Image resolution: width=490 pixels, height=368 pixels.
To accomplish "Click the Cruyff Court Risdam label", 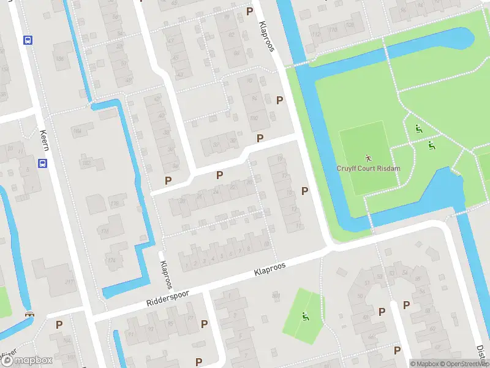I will [368, 169].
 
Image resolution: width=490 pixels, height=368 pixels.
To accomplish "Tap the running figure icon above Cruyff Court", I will [368, 158].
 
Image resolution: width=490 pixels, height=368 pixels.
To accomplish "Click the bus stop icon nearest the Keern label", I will [43, 164].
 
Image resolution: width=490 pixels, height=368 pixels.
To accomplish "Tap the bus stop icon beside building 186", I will [27, 40].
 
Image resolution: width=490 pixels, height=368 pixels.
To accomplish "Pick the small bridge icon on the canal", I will [28, 314].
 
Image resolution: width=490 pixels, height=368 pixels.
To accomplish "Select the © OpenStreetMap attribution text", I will [464, 364].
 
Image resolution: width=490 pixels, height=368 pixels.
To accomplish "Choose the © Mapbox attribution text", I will [424, 364].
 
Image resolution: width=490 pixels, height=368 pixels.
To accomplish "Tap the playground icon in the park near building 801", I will [305, 316].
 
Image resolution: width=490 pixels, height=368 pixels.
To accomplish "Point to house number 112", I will [316, 33].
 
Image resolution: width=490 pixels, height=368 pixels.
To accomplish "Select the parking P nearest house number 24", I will [219, 175].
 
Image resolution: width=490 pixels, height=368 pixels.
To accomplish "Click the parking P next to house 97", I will [205, 324].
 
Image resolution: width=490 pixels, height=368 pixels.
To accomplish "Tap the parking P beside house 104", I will [59, 324].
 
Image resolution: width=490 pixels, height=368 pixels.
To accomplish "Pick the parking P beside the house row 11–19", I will [304, 191].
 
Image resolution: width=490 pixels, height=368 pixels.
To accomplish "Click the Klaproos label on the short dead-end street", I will [165, 275].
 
